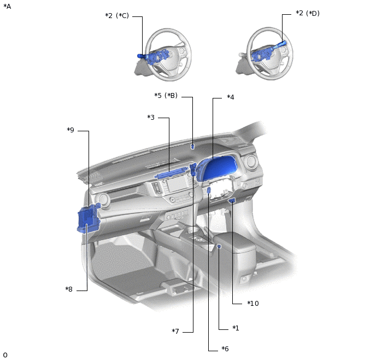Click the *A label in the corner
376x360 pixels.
7,7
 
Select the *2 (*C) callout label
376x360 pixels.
117,16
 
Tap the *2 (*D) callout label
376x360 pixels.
308,13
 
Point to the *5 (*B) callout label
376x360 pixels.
166,96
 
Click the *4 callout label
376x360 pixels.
231,97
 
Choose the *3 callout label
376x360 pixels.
151,118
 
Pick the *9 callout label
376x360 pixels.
70,130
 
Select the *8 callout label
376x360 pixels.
69,289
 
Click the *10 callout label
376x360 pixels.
253,304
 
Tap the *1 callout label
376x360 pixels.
236,328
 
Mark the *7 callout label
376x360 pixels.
175,332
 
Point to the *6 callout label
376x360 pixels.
225,349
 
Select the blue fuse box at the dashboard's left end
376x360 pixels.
88,218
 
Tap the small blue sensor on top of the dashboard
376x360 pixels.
192,147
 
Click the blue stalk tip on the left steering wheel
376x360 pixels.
140,56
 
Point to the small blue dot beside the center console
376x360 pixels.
219,246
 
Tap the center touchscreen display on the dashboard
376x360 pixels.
177,184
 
